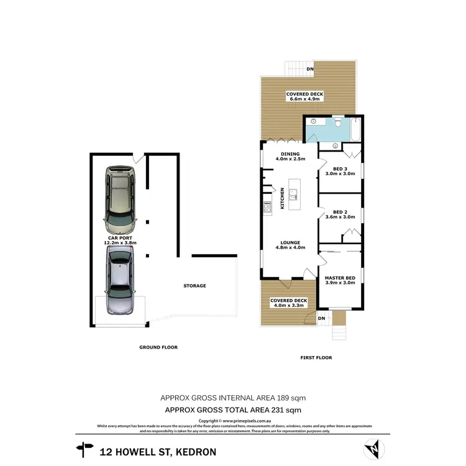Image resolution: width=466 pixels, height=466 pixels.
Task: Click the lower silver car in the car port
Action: [x=120, y=280]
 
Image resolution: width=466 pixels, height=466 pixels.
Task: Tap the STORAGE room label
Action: [x=194, y=286]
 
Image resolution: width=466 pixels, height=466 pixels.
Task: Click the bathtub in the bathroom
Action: [x=354, y=129]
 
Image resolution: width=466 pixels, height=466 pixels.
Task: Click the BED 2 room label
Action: [x=340, y=214]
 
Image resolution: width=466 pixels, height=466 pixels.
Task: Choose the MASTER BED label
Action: [x=340, y=280]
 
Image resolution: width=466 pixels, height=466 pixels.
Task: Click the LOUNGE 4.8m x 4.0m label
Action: [x=290, y=245]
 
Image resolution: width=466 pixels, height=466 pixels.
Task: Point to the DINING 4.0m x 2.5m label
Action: [x=290, y=156]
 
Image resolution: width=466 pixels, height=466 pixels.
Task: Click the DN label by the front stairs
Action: [x=321, y=319]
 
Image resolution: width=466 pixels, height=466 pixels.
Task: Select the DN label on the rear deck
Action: [x=309, y=68]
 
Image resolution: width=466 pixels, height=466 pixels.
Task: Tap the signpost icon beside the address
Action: [x=83, y=448]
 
